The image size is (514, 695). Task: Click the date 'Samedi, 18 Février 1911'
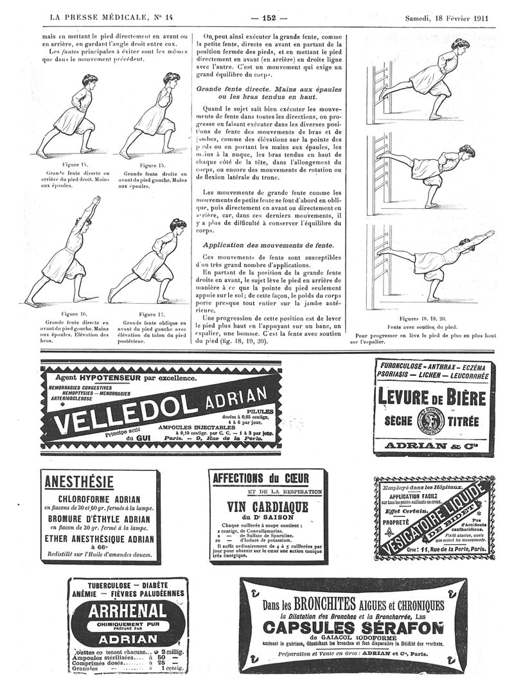[446, 17]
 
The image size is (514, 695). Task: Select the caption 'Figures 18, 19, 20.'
[423, 319]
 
